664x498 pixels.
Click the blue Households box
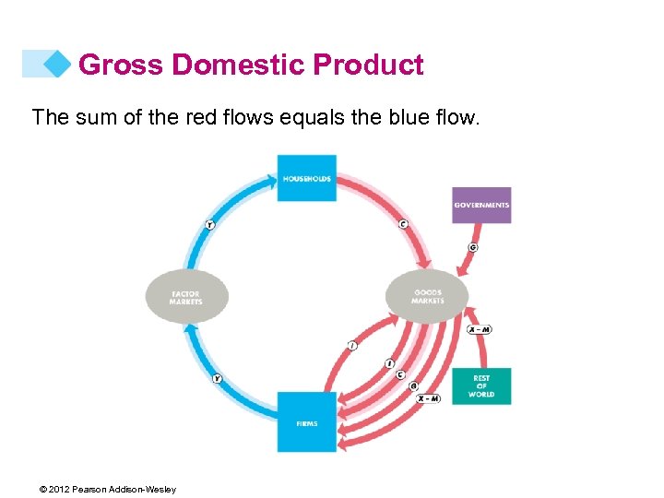pos(307,178)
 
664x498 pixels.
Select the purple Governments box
pos(481,205)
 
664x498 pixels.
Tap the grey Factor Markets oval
pos(186,297)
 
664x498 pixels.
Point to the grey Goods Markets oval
pos(427,296)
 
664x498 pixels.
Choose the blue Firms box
pos(307,422)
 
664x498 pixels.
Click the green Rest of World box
pos(481,386)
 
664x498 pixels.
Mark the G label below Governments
pos(473,247)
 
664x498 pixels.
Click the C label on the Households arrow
pos(403,224)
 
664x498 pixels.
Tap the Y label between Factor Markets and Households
pos(209,224)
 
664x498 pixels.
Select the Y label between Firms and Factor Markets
pos(218,378)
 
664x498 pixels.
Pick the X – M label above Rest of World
pos(479,329)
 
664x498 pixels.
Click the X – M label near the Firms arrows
pos(427,397)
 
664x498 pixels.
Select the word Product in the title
pos(369,65)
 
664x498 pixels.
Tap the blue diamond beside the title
pos(57,64)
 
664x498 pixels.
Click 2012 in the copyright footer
pos(57,490)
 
